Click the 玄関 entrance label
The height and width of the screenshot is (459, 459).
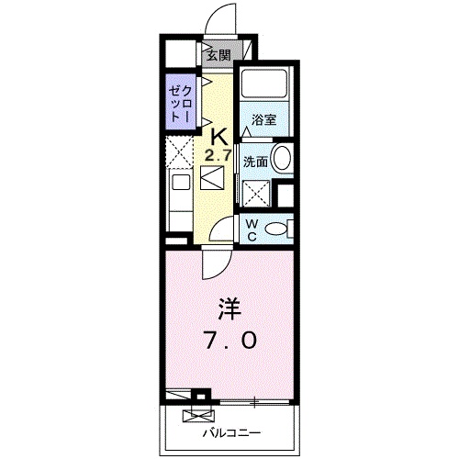218,55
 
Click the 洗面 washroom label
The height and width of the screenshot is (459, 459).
255,161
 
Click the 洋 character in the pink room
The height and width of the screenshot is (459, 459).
229,306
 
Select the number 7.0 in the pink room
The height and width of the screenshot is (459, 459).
230,340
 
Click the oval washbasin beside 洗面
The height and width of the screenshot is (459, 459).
282,158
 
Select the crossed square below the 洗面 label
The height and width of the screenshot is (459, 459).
256,194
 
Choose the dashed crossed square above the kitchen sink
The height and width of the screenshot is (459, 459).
178,149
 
